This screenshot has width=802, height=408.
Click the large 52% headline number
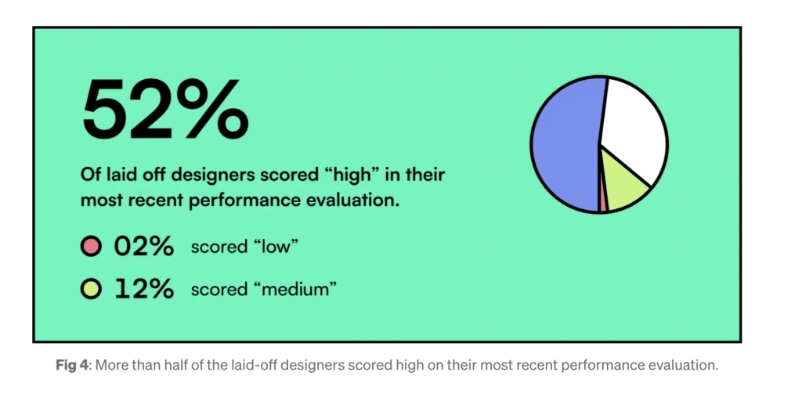[165, 109]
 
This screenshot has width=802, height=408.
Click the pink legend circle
[91, 247]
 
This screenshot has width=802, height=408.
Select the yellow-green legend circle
[91, 289]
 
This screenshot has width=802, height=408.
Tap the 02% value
[144, 247]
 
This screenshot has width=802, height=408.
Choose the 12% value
[144, 289]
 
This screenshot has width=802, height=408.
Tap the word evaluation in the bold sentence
[352, 200]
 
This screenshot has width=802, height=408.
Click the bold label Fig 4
[72, 366]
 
